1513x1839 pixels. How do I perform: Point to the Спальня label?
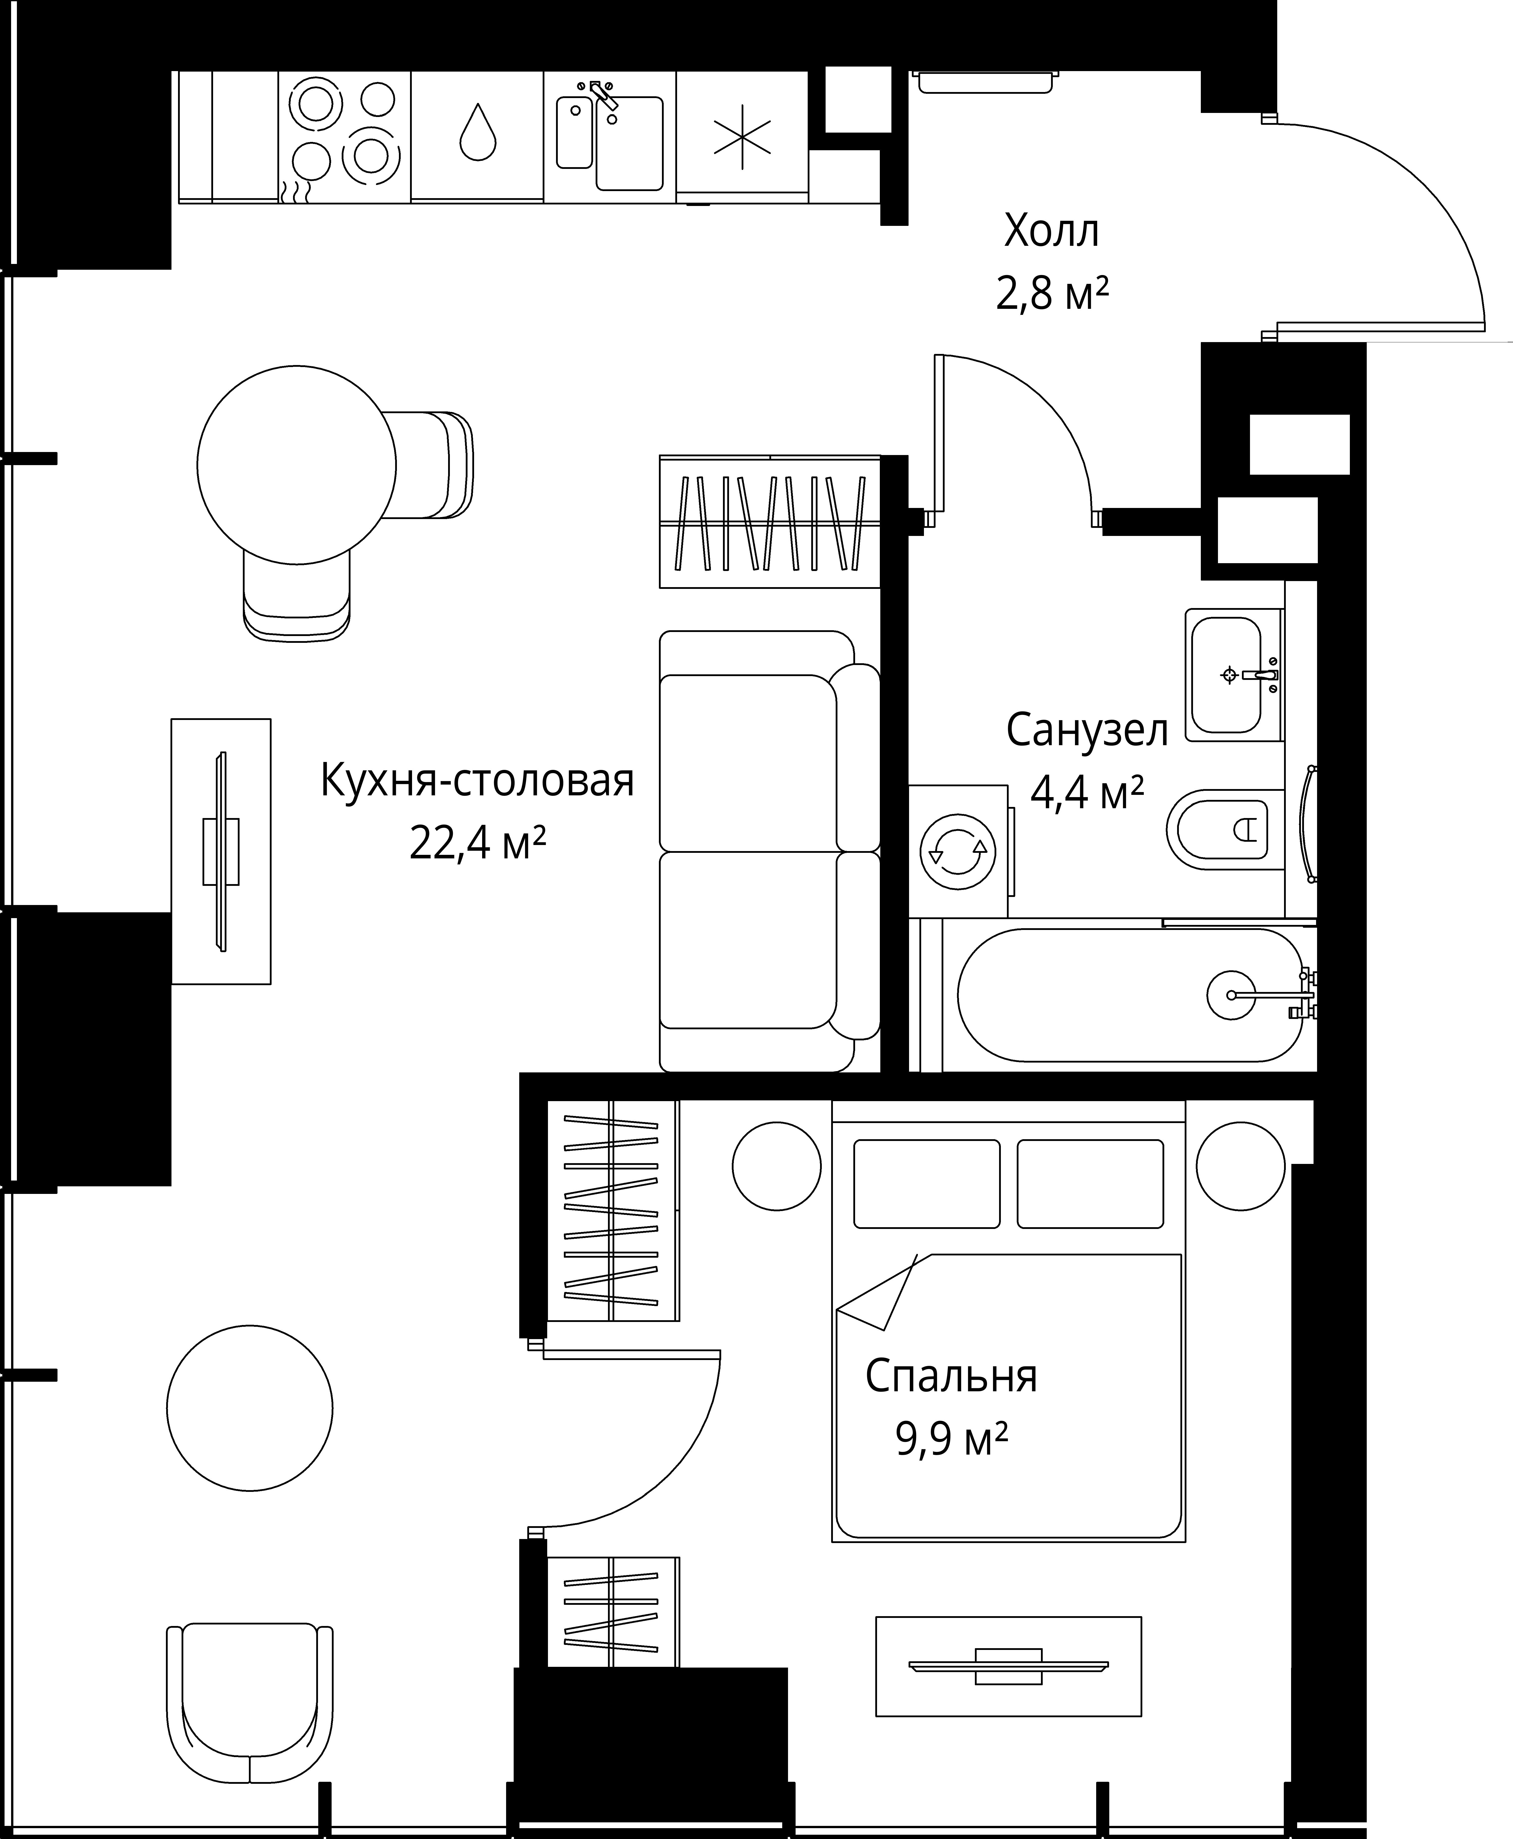click(x=952, y=1376)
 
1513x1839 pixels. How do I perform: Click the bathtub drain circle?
click(x=1232, y=994)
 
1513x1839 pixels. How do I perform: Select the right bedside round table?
click(x=1240, y=1166)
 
